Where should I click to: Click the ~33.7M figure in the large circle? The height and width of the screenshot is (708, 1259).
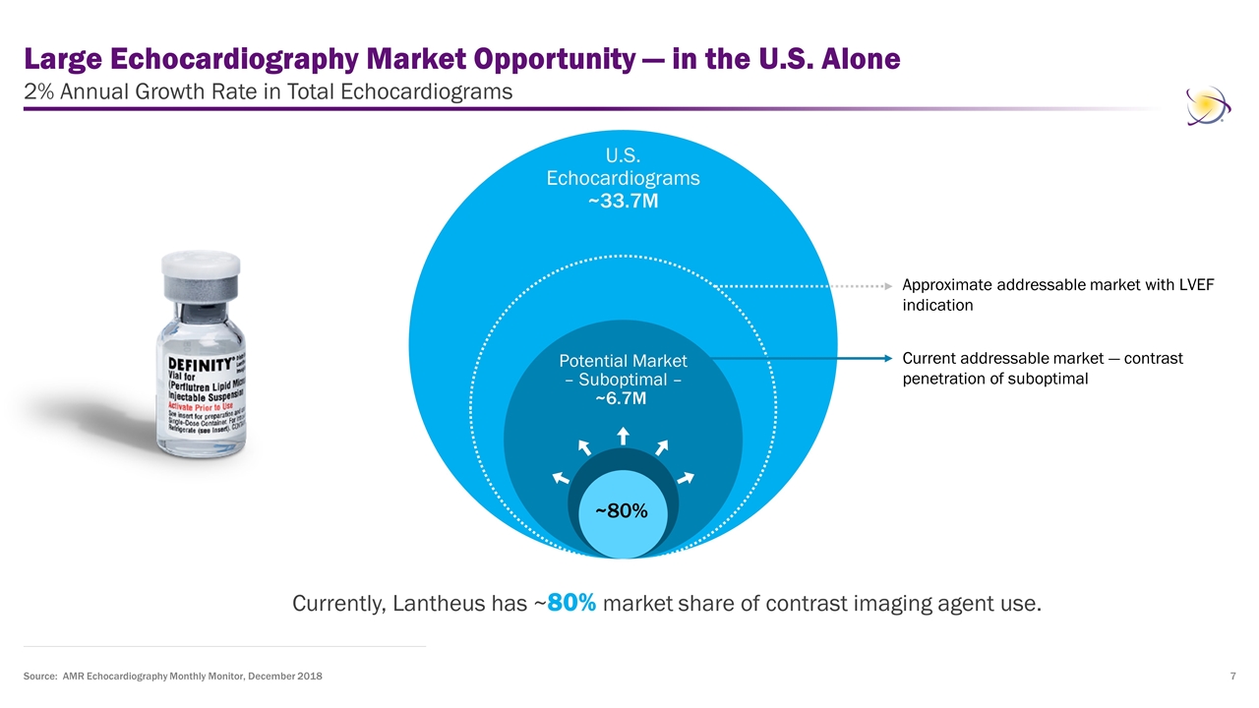[x=623, y=201]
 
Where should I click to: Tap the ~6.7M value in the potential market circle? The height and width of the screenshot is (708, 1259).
[x=623, y=398]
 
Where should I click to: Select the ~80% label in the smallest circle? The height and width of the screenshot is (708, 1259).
[x=622, y=511]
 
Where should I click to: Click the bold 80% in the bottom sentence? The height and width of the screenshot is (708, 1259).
[x=571, y=603]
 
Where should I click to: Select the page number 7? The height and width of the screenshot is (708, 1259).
[x=1232, y=678]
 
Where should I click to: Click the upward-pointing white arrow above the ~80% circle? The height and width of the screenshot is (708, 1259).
[x=622, y=435]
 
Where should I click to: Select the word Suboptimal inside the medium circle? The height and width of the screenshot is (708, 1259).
[x=622, y=380]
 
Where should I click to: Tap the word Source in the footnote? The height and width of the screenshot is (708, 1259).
[x=38, y=678]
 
